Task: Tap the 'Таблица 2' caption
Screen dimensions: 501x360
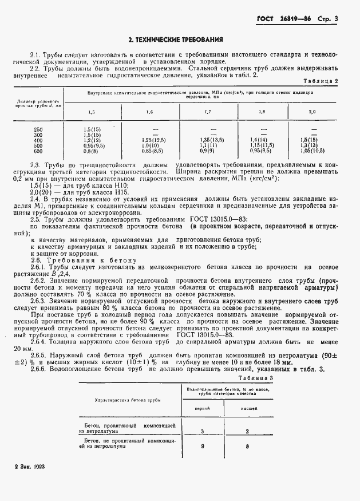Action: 320,81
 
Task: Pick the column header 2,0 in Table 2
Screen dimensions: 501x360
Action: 312,112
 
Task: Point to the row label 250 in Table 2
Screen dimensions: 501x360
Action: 38,129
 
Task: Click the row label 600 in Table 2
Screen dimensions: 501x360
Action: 38,151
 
